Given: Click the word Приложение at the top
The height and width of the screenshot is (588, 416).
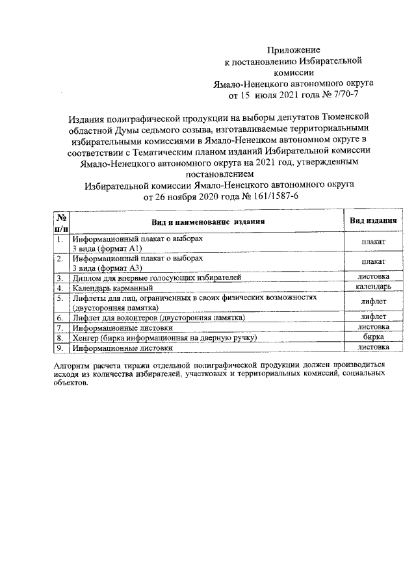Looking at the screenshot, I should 294,50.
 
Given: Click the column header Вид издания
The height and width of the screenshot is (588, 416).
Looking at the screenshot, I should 373,221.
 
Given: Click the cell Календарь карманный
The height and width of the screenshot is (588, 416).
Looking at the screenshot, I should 113,287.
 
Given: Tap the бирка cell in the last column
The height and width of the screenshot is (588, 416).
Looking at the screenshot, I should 373,337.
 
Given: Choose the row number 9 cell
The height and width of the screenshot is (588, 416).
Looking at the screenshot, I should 59,348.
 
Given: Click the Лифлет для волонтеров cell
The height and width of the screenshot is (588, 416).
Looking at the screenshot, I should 158,318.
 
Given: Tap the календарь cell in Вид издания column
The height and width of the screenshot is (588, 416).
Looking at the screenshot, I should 373,287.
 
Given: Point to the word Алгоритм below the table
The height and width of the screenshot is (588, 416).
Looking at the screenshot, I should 72,366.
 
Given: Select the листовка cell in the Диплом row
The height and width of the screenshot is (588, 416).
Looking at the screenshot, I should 373,277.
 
